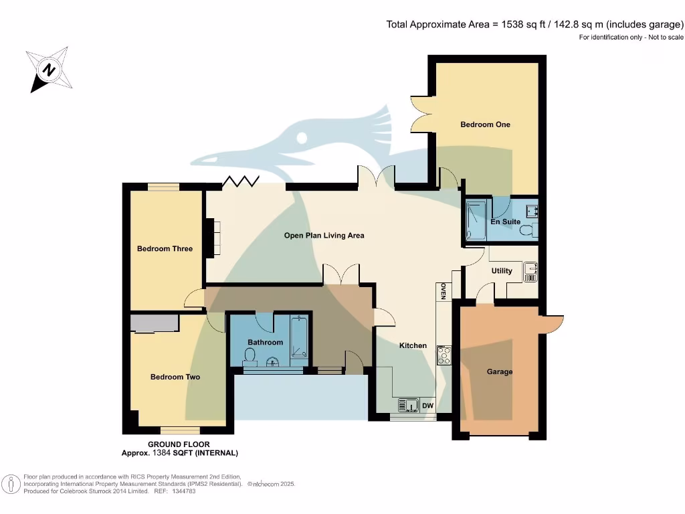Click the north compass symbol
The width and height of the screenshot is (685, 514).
(49, 69)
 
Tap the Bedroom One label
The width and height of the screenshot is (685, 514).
(485, 124)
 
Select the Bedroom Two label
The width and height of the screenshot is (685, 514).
(175, 377)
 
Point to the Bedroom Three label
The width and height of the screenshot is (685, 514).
(165, 249)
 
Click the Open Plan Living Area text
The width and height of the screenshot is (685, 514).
(324, 236)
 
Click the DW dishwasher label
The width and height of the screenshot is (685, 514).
(426, 405)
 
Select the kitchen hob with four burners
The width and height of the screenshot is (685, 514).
(444, 355)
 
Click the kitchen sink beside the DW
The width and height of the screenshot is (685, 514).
(407, 405)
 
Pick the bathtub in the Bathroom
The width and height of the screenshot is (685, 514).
(300, 339)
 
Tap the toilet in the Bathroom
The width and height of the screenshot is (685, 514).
(250, 360)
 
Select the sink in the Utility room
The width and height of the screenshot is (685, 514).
(531, 272)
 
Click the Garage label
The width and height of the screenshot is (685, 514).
(499, 372)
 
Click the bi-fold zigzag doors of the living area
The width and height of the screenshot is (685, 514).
(241, 181)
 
